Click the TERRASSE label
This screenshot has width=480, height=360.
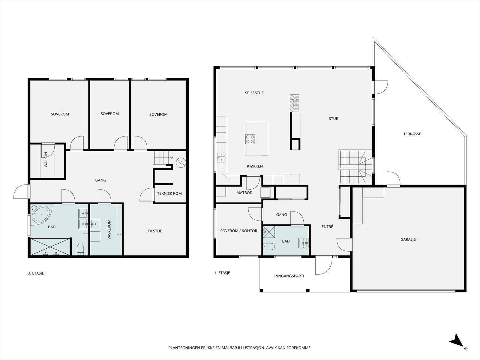click(412, 134)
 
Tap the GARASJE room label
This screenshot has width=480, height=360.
click(408, 239)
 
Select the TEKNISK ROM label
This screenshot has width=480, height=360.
click(169, 193)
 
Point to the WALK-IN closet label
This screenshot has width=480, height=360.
click(46, 160)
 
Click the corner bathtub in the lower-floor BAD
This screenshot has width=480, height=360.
click(41, 215)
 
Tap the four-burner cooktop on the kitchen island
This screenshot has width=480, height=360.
click(250, 139)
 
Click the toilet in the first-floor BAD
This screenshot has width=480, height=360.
click(269, 246)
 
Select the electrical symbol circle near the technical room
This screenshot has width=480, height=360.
click(181, 163)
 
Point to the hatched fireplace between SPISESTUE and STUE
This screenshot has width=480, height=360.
click(295, 103)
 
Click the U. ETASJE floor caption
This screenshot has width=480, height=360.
click(36, 273)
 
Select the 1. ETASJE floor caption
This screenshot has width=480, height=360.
click(222, 273)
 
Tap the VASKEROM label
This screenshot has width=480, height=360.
click(109, 229)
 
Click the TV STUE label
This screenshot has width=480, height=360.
click(155, 231)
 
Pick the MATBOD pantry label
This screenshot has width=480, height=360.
click(244, 193)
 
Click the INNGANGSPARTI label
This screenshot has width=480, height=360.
click(289, 276)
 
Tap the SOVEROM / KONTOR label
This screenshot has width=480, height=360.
click(238, 231)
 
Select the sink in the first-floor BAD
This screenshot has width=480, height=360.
click(304, 243)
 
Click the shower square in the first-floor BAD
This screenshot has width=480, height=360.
click(269, 232)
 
